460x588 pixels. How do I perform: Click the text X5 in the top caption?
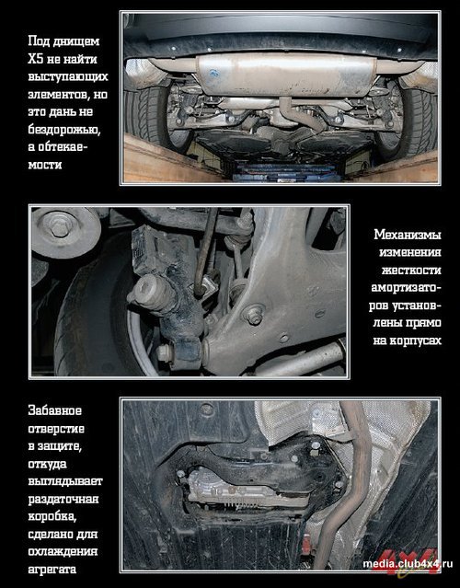[x=35, y=59]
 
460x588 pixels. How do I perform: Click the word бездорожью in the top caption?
[x=64, y=130]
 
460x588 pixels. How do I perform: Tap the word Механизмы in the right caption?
[x=408, y=235]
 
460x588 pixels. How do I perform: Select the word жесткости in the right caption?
[x=411, y=270]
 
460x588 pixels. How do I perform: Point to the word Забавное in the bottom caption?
[x=54, y=410]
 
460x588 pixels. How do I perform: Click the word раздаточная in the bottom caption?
[x=63, y=499]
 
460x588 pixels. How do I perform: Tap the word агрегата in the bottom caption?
[x=52, y=570]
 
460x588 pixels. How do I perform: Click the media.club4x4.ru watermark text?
[x=408, y=564]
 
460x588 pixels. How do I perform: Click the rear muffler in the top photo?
[x=286, y=75]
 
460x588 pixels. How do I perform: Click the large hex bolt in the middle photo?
[x=60, y=225]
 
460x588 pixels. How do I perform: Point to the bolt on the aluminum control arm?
[x=254, y=316]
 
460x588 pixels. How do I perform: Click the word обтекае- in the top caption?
[x=57, y=147]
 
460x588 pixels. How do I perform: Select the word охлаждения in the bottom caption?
[x=63, y=551]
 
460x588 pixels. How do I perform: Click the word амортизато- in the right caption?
[x=406, y=288]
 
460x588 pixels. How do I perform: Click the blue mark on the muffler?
[x=214, y=73]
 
